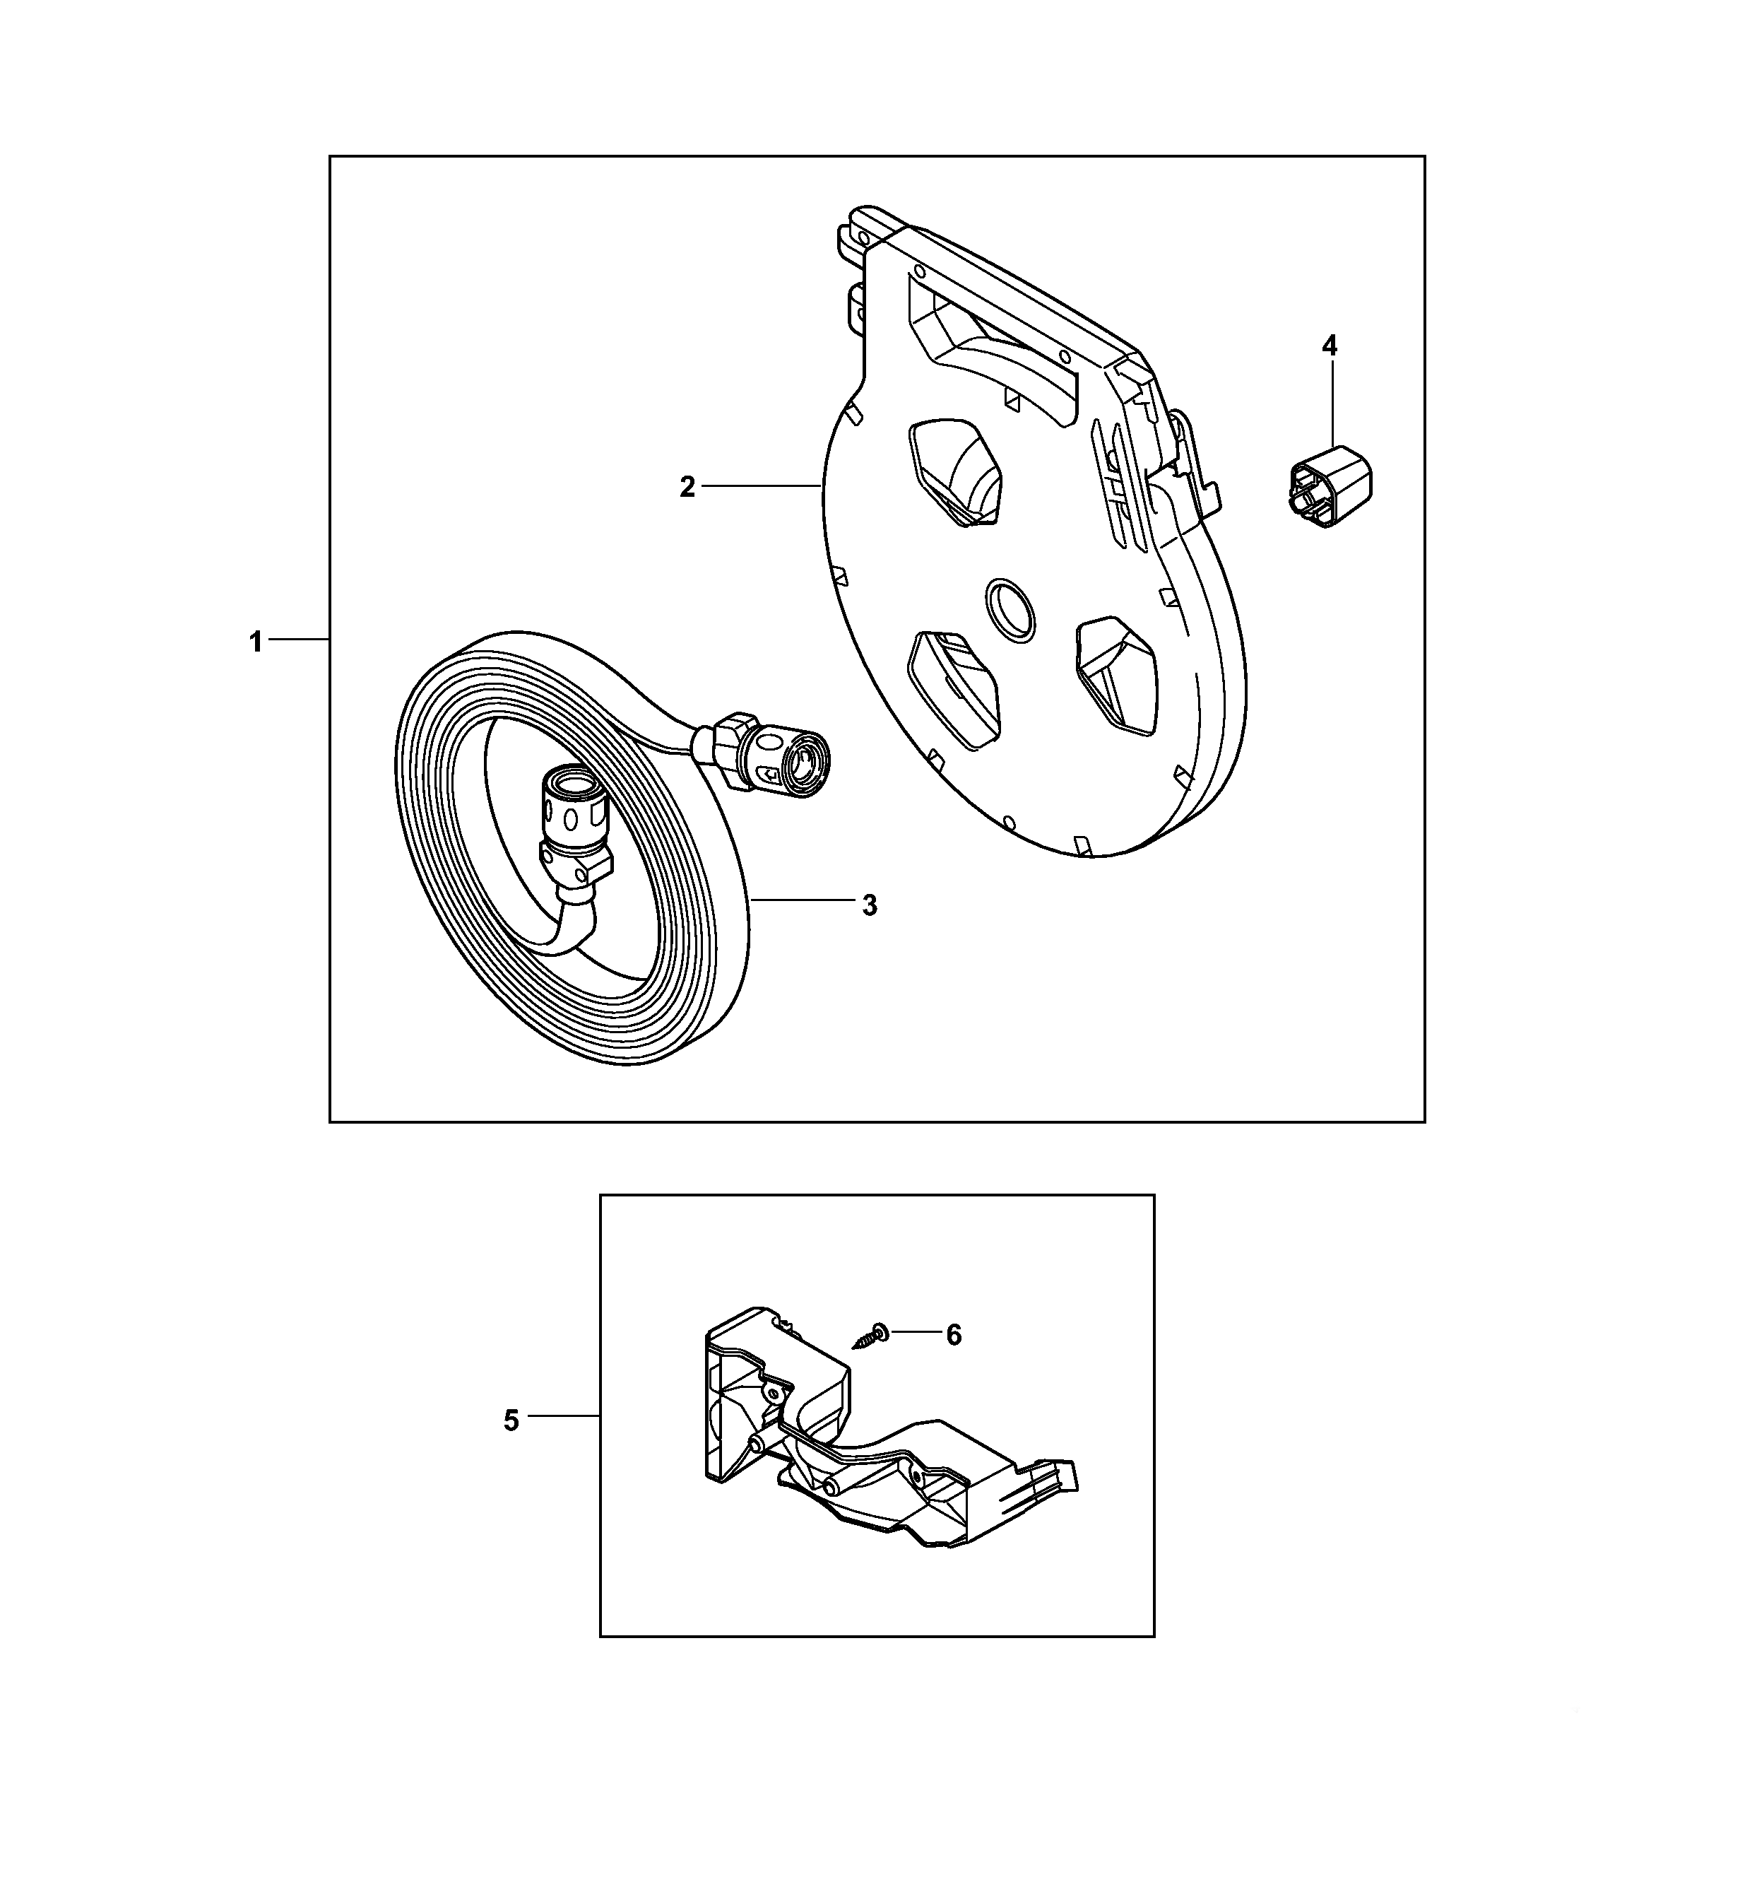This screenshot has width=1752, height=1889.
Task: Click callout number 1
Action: click(255, 642)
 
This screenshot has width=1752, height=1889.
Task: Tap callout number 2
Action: click(687, 488)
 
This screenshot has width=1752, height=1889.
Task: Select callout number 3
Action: click(870, 905)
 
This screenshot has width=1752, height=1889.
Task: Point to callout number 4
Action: click(1330, 346)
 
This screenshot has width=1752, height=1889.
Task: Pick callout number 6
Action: click(954, 1335)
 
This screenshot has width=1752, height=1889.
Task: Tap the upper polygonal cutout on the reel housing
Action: click(957, 471)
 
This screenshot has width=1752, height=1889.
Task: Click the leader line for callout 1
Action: click(299, 641)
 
